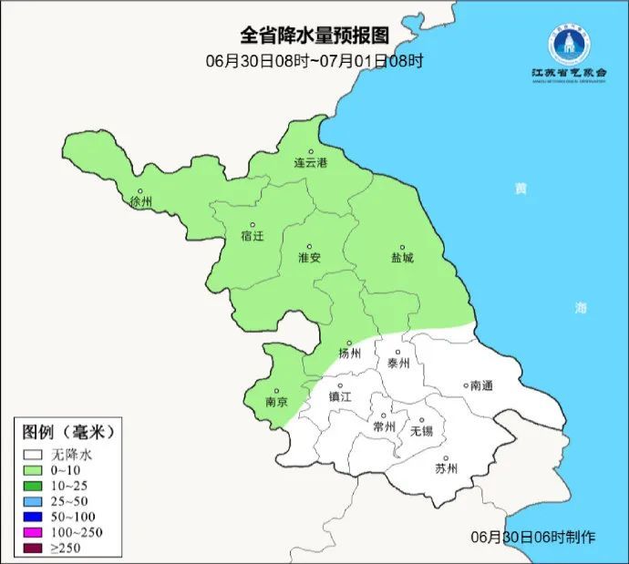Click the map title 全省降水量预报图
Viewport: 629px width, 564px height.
(314, 36)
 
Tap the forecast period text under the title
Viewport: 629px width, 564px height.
(314, 61)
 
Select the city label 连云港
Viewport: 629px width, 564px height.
(310, 163)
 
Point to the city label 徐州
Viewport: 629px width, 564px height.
(141, 201)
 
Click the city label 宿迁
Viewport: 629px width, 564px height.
(252, 236)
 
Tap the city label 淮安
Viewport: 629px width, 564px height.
(309, 258)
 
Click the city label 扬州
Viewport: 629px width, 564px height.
(350, 354)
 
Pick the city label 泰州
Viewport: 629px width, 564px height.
(399, 362)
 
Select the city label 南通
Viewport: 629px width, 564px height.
(480, 385)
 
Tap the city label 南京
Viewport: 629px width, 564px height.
(276, 402)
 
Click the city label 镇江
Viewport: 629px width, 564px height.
(340, 396)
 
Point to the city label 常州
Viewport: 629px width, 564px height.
(384, 426)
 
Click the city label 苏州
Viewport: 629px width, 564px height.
(446, 469)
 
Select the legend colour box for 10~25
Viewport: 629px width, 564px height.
(35, 486)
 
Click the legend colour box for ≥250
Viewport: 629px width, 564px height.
(35, 548)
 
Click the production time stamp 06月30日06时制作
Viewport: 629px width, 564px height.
(533, 537)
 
